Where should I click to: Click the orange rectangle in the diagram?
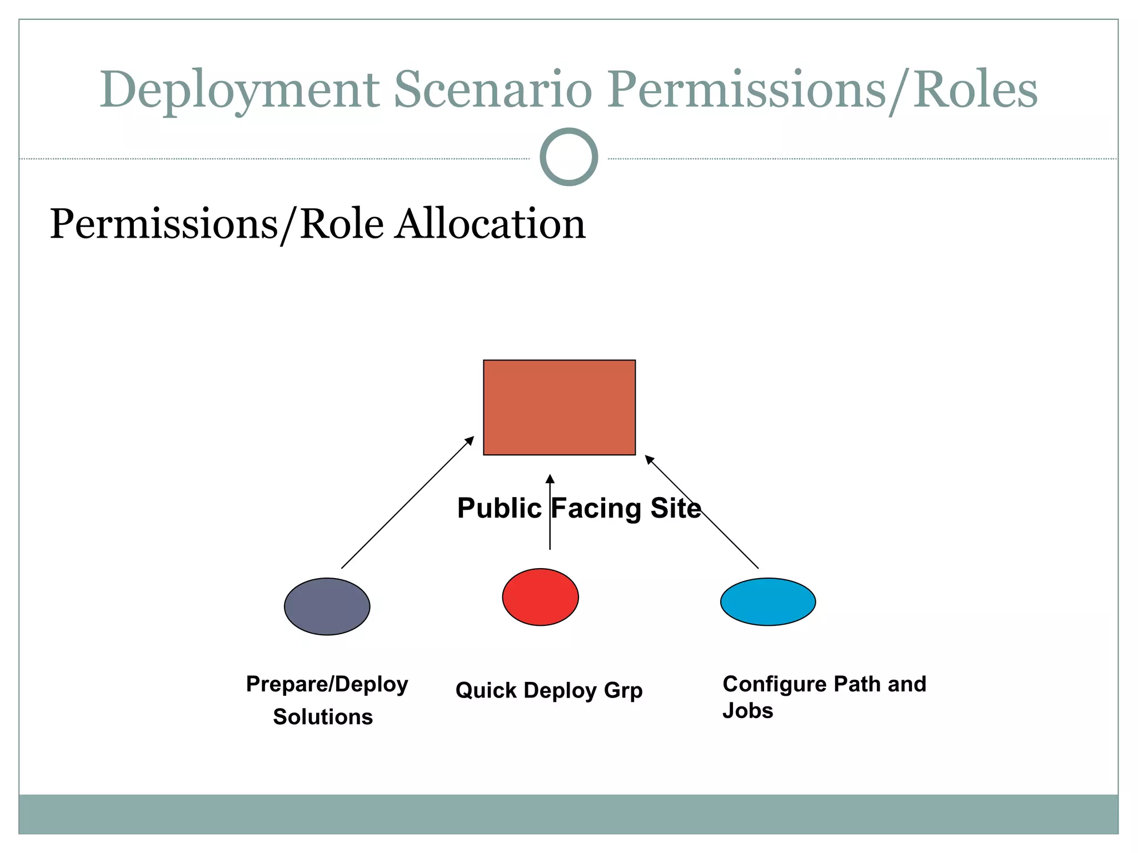click(x=559, y=407)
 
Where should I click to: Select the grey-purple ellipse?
click(x=327, y=606)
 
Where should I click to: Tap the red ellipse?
click(x=540, y=597)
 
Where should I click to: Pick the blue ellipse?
click(x=768, y=602)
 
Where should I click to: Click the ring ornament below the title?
click(x=568, y=157)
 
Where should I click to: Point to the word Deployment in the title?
click(x=239, y=90)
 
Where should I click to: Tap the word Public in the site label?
click(x=499, y=508)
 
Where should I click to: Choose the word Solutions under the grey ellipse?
click(x=323, y=717)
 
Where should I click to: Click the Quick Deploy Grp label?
click(x=549, y=690)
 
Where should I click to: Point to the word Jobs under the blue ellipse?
click(x=747, y=711)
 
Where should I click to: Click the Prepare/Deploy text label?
click(x=327, y=684)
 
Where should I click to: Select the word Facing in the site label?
click(x=596, y=508)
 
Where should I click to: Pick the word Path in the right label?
click(x=857, y=684)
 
